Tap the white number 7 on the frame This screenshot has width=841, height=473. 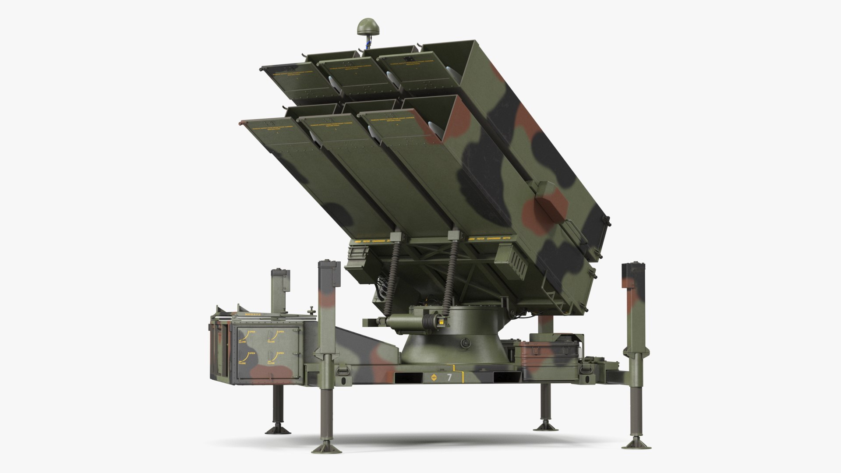[449, 377]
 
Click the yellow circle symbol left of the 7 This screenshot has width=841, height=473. [434, 377]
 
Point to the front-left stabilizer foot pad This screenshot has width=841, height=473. [325, 447]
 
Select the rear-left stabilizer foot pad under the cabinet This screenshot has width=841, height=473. [277, 427]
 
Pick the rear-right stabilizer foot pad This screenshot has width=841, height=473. [544, 427]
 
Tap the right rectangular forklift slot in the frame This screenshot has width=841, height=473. [507, 377]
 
